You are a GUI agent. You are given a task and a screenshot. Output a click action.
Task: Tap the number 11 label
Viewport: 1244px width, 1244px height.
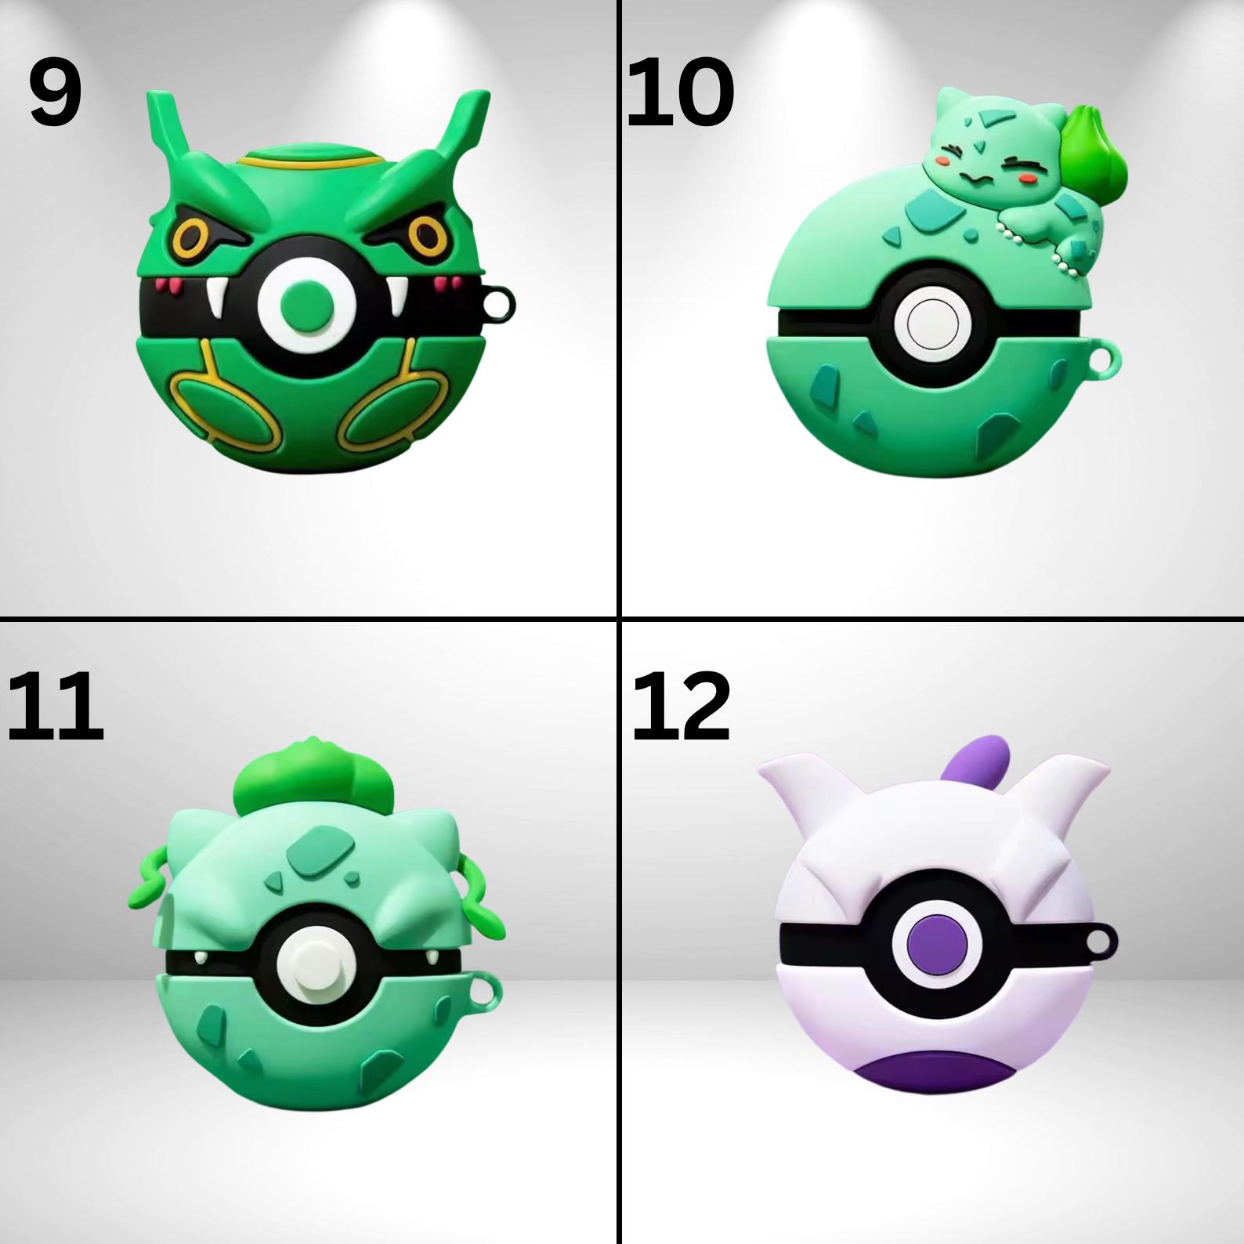55,707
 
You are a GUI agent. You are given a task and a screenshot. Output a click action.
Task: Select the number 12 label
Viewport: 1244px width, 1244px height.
682,707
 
